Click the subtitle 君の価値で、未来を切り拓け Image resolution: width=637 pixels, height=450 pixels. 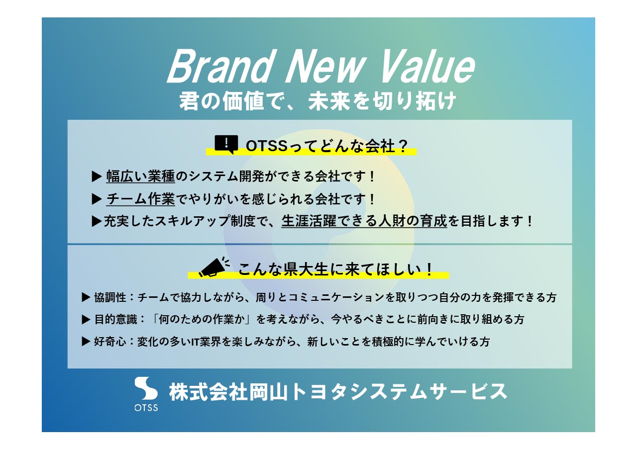[x=318, y=101]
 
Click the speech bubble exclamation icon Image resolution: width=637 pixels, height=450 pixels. [x=226, y=144]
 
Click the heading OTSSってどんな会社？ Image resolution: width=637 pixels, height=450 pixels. [x=327, y=146]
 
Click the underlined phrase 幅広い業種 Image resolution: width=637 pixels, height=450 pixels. [x=141, y=176]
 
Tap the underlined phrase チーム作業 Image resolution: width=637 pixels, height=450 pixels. [x=141, y=199]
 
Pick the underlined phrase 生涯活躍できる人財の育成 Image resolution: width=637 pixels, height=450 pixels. [x=364, y=221]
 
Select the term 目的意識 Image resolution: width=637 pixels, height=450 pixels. [x=114, y=319]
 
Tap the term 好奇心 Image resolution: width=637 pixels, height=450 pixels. [x=110, y=342]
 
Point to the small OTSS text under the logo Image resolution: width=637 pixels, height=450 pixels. [x=146, y=408]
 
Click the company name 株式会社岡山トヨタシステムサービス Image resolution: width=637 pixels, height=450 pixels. [x=338, y=392]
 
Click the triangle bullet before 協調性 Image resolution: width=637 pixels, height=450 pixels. [x=86, y=297]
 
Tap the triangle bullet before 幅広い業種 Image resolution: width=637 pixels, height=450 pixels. [x=97, y=176]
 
